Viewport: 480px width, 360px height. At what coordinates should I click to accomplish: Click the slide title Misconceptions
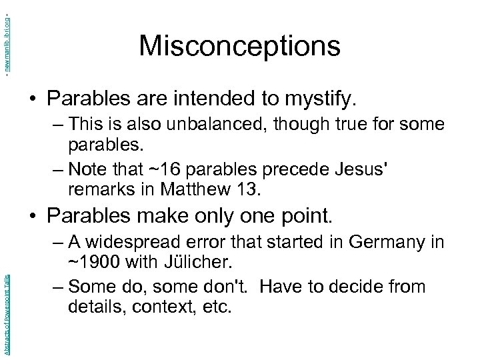click(x=239, y=46)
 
